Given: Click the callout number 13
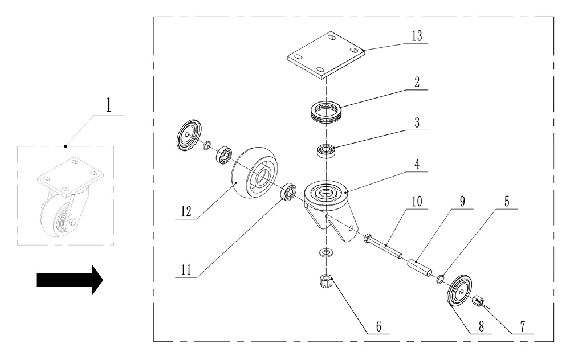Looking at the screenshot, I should (417, 35).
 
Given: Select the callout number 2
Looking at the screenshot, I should (417, 81).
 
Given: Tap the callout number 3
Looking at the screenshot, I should (417, 124).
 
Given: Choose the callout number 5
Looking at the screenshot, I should (507, 202).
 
